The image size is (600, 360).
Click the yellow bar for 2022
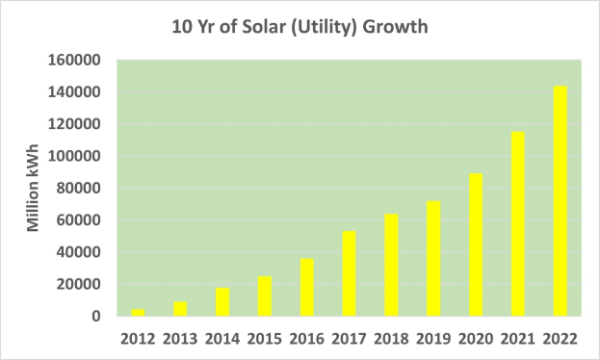pyautogui.click(x=561, y=201)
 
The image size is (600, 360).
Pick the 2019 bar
pyautogui.click(x=433, y=259)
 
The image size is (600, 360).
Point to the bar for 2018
pyautogui.click(x=391, y=265)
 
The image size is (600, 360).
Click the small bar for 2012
pyautogui.click(x=138, y=312)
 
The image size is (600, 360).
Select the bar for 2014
pyautogui.click(x=222, y=301)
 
